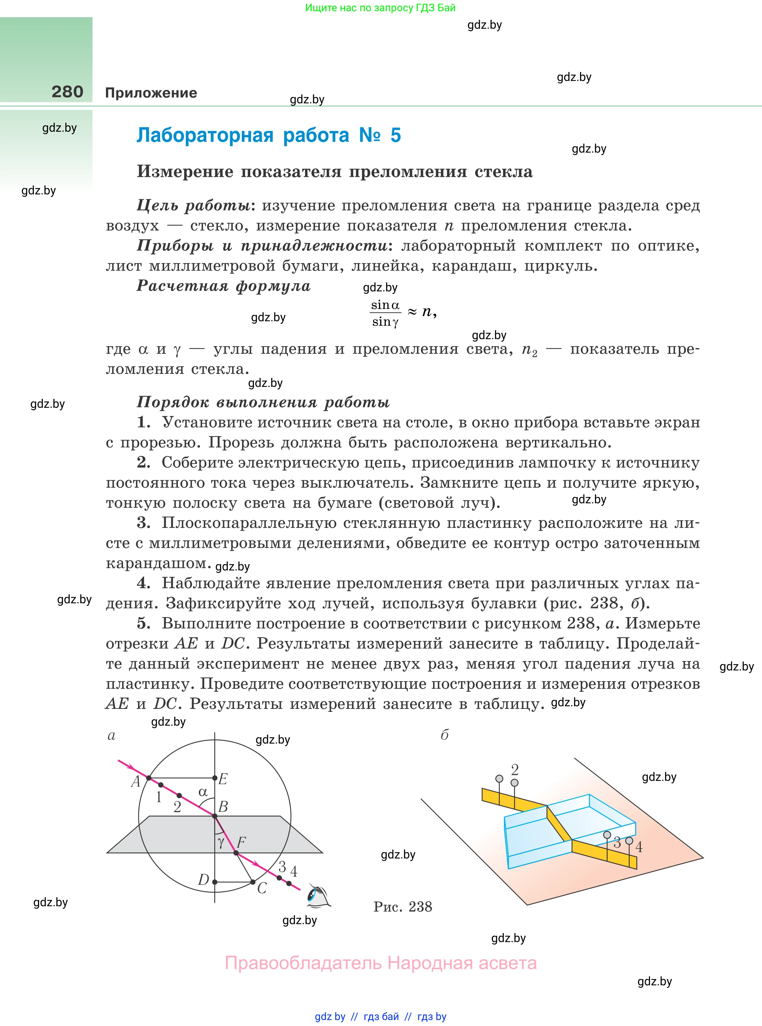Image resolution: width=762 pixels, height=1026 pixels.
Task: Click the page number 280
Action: coord(68,92)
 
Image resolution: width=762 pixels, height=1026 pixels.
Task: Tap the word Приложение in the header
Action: coord(151,93)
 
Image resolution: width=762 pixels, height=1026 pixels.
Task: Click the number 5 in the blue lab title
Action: coord(395,135)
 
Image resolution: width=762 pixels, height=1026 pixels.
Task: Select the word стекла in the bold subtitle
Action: coord(504,172)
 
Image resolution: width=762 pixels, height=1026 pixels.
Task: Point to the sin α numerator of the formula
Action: coord(385,305)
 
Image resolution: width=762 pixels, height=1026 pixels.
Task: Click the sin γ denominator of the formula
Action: coord(385,322)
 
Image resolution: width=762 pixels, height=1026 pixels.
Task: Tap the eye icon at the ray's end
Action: coord(318,896)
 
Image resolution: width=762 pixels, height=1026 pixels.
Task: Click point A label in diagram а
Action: coord(135,781)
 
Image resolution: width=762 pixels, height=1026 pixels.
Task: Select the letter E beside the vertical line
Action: coord(223,779)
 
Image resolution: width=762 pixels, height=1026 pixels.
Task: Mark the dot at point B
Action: coord(214,816)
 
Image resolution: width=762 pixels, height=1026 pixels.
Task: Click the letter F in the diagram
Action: coord(241,842)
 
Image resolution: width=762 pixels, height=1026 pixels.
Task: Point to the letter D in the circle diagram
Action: coord(203,879)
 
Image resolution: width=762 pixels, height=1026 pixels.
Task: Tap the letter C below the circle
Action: coord(261,888)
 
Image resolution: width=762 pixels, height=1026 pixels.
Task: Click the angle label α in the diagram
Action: coord(203,792)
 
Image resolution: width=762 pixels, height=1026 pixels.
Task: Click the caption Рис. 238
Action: coord(403,907)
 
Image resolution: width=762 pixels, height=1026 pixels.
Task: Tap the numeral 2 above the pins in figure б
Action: coord(515,769)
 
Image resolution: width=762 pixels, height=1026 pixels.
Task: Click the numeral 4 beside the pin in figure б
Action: coord(639,847)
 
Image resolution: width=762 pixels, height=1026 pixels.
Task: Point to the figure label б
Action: coord(445,735)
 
